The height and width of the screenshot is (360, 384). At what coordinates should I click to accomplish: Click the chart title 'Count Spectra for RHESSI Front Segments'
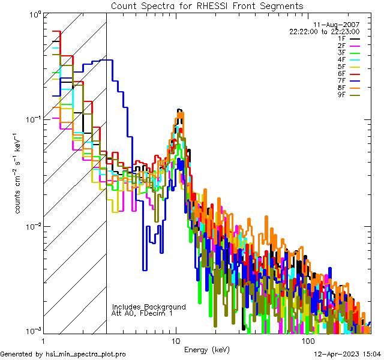tap(207, 6)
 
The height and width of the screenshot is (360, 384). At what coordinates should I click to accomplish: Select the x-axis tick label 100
tap(307, 340)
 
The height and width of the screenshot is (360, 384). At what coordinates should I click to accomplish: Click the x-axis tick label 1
tap(41, 340)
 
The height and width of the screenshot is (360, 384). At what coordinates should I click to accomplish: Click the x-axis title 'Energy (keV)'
tap(206, 349)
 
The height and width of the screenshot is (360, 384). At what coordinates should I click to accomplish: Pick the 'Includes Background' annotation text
tap(149, 307)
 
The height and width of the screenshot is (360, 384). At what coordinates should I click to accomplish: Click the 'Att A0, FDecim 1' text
tap(142, 313)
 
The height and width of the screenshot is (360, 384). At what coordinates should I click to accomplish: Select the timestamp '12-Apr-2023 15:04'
tap(348, 354)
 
